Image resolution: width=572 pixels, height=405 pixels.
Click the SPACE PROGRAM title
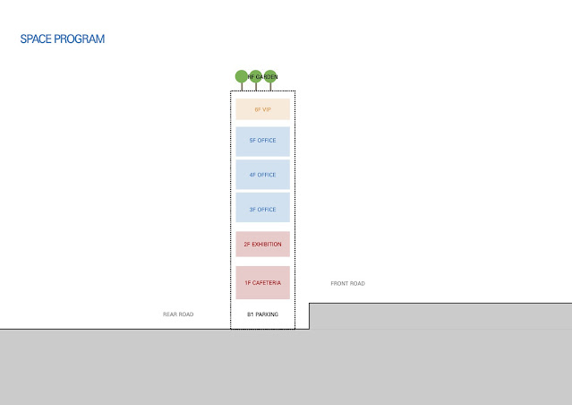tap(62, 40)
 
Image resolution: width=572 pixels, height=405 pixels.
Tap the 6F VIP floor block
tap(262, 109)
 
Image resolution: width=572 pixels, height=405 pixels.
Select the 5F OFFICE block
tap(262, 142)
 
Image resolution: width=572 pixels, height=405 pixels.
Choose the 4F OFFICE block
tap(262, 175)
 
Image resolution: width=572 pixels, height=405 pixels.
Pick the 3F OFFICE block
tap(262, 209)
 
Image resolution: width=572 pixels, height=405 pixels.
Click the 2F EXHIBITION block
tap(262, 244)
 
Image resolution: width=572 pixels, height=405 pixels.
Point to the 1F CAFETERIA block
tap(262, 282)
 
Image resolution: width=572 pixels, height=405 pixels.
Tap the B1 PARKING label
tap(262, 315)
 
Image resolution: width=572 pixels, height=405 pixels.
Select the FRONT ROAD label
tap(348, 284)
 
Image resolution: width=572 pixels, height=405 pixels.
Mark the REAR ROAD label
tap(178, 315)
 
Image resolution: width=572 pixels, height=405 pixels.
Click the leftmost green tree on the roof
tap(241, 76)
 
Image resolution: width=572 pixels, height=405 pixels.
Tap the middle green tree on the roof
tap(255, 76)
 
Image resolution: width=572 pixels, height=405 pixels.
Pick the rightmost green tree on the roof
tap(270, 76)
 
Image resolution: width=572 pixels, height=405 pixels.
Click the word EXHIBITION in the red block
tap(267, 244)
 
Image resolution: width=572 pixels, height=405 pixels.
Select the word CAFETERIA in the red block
tap(267, 283)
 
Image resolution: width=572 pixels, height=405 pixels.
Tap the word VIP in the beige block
tap(267, 109)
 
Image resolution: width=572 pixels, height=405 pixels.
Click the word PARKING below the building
tap(267, 315)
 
